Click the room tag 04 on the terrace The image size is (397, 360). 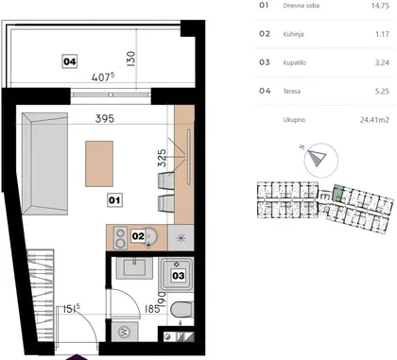tap(70, 61)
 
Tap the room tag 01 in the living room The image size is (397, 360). tap(114, 199)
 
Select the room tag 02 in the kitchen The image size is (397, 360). tap(138, 236)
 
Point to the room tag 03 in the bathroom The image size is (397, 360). tap(178, 276)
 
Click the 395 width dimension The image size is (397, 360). tap(105, 119)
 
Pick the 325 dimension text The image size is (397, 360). tap(162, 158)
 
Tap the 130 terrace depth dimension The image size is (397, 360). tap(130, 59)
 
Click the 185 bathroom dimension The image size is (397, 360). tap(151, 309)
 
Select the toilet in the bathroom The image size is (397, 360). tap(181, 310)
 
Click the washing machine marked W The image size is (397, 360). tap(125, 332)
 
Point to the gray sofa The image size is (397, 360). tap(44, 163)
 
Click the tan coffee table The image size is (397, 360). tap(99, 163)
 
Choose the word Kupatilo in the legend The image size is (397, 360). tap(295, 62)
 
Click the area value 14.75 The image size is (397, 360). tap(380, 6)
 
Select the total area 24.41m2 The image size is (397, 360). tap(374, 120)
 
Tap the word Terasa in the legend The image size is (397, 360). tap(292, 92)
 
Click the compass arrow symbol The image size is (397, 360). tap(317, 158)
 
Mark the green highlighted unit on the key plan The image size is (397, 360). tap(337, 193)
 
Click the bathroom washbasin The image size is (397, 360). tap(134, 268)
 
